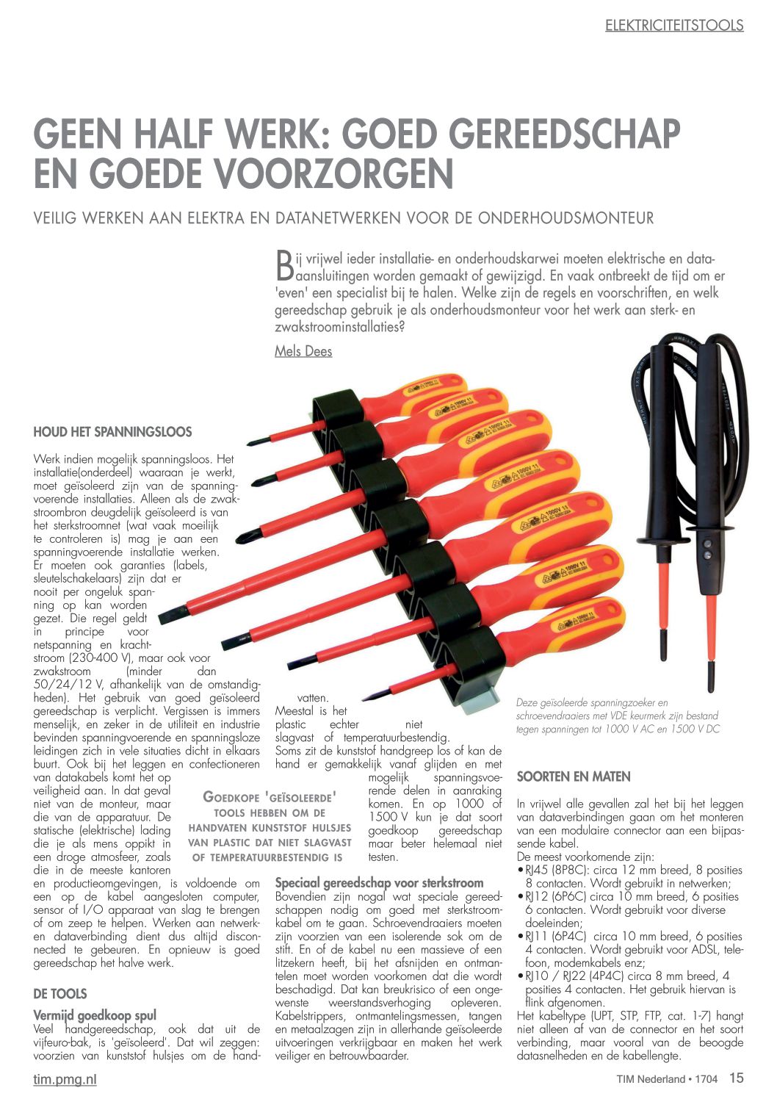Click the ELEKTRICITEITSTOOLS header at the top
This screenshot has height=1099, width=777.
point(674,25)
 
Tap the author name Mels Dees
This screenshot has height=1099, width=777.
point(303,351)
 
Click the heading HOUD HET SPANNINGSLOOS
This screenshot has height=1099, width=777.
point(112,432)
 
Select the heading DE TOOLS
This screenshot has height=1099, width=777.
point(60,994)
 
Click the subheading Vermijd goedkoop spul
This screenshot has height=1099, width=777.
point(95,1016)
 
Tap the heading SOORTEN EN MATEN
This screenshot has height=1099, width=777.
point(574,776)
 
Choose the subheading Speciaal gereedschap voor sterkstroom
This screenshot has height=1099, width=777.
point(379,883)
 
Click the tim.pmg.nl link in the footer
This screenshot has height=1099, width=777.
point(65,1079)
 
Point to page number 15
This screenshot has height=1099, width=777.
point(736,1078)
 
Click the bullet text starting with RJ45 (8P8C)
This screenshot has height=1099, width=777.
point(632,876)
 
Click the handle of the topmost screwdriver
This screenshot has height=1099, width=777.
point(426,391)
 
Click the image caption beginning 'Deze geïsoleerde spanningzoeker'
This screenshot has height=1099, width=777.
point(617,716)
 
